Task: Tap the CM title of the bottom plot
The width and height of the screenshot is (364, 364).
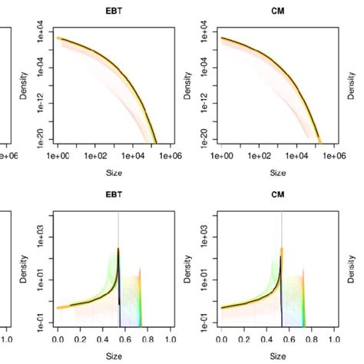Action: [277, 196]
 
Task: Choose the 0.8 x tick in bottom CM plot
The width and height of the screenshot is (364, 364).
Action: [311, 338]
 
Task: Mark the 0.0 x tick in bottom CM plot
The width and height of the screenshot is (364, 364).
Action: [221, 338]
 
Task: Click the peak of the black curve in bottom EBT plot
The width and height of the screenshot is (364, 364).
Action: [118, 249]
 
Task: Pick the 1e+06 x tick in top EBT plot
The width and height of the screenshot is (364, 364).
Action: [169, 156]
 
